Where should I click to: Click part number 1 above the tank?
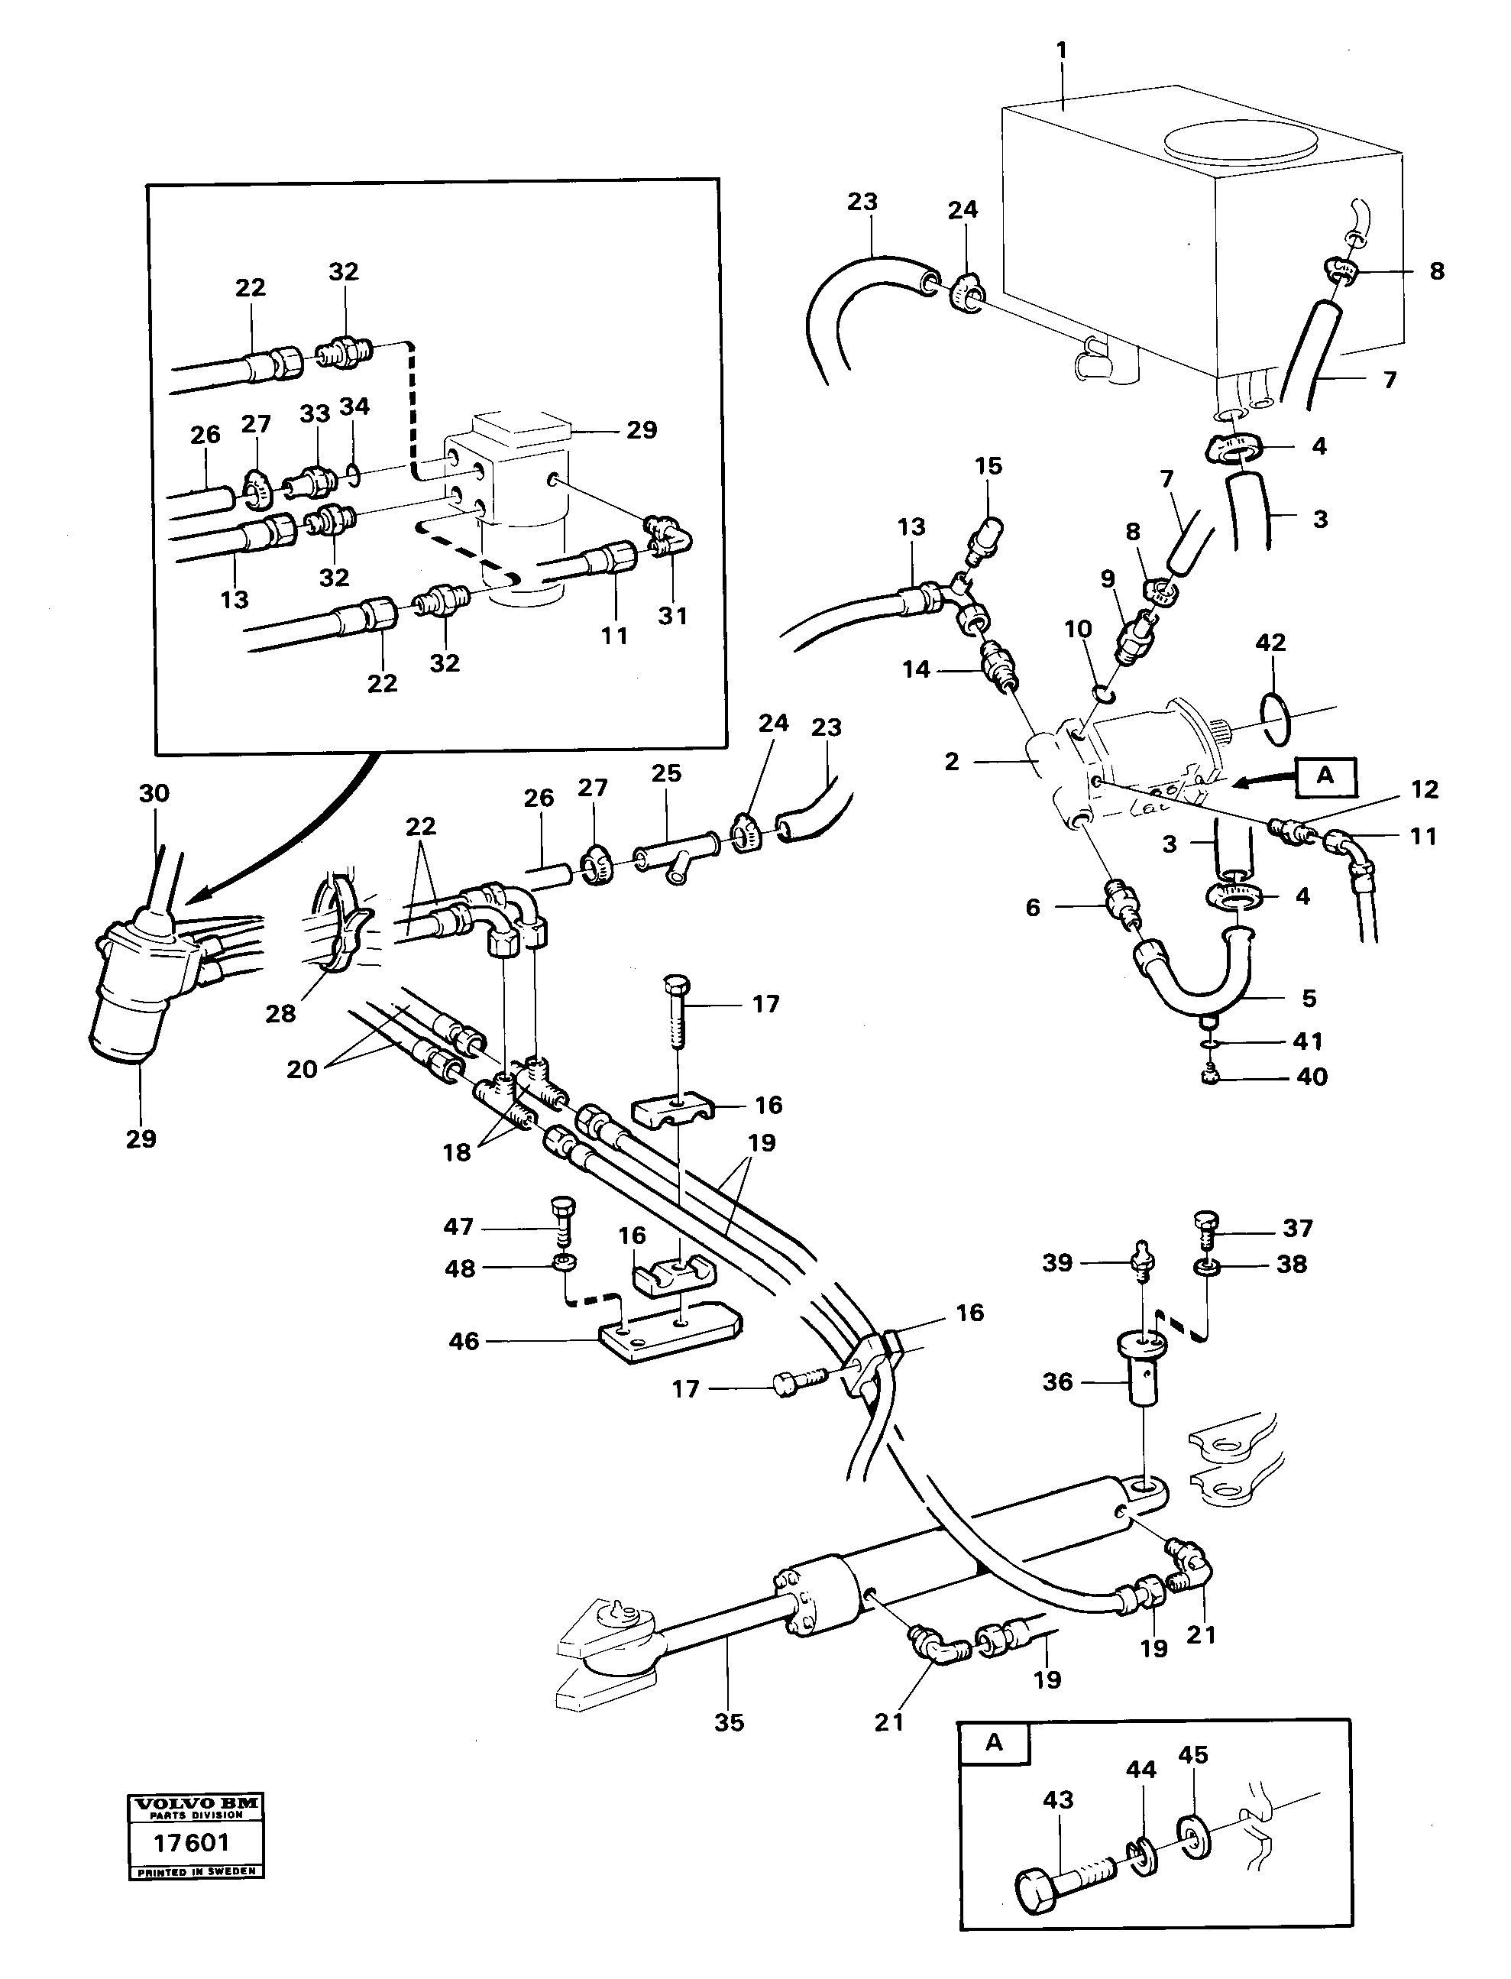point(1061,50)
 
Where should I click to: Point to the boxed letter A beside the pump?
point(1325,776)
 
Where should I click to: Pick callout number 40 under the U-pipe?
point(1312,1077)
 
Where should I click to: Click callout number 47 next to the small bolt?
point(458,1227)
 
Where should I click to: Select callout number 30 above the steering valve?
point(154,793)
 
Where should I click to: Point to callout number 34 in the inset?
point(354,406)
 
